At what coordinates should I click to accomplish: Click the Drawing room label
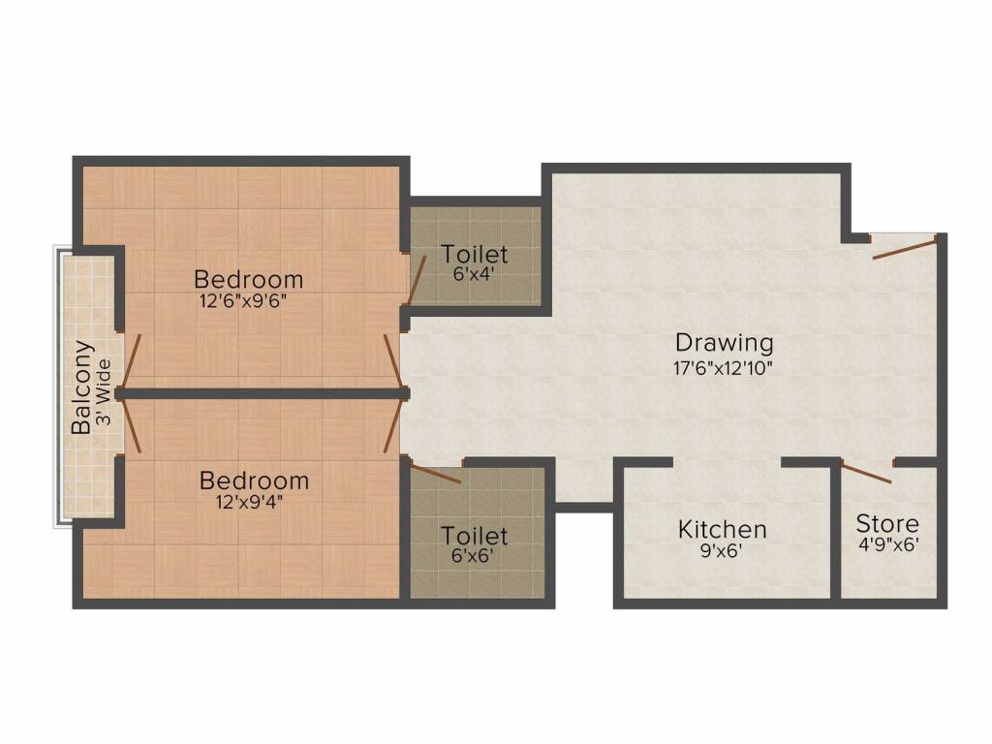(x=724, y=343)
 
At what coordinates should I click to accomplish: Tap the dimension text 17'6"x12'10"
(x=724, y=367)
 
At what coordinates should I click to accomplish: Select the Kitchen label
(x=723, y=530)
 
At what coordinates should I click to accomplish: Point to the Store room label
(x=887, y=524)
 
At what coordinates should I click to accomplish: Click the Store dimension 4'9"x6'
(x=887, y=545)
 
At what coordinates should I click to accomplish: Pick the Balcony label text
(x=83, y=387)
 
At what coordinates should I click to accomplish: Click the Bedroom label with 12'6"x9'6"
(x=249, y=279)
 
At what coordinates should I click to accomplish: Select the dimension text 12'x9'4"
(x=254, y=501)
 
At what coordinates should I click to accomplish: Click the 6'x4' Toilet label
(x=475, y=255)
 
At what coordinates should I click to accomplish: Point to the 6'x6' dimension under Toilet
(x=475, y=556)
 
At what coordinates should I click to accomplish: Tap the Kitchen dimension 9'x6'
(x=723, y=551)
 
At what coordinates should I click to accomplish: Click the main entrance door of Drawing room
(x=905, y=246)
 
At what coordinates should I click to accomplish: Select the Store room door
(x=867, y=473)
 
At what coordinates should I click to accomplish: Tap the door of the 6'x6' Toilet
(x=435, y=474)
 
